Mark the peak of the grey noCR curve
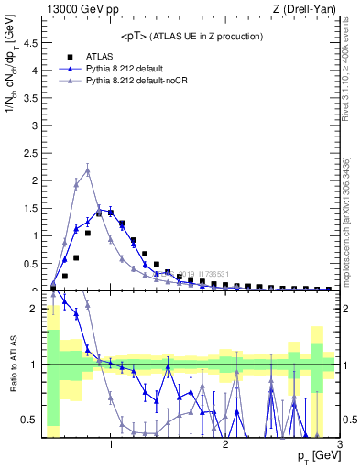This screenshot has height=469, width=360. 87,169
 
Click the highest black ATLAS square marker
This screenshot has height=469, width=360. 110,212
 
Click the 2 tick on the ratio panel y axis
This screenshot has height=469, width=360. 37,309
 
